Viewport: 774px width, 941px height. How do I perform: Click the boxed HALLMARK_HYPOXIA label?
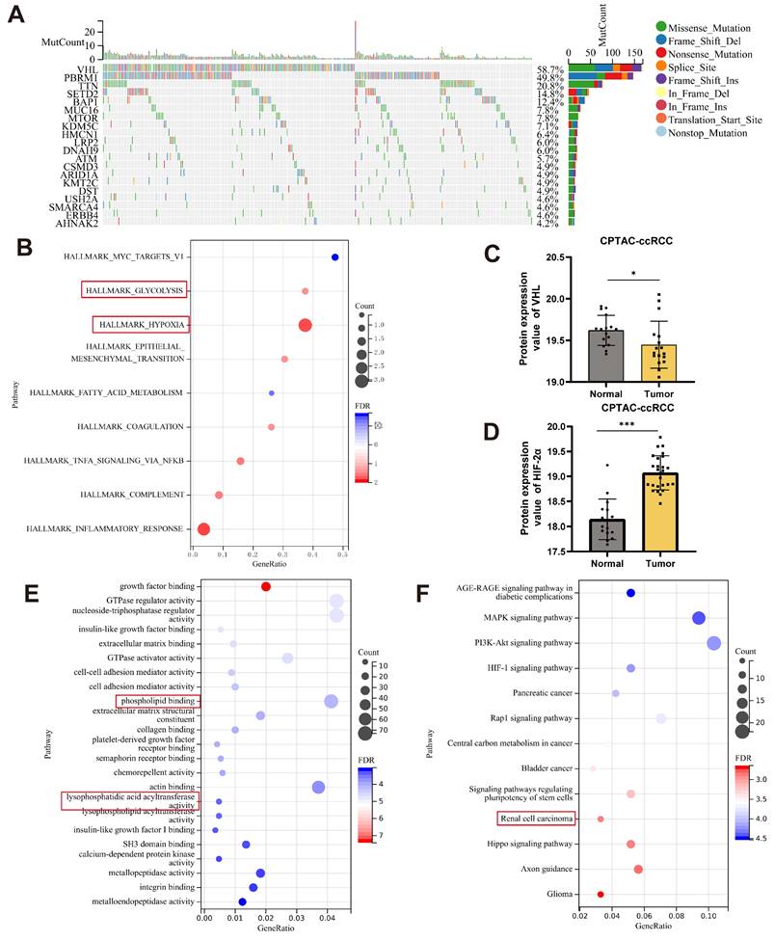coord(141,324)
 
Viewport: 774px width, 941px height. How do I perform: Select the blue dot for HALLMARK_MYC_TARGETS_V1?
coord(334,257)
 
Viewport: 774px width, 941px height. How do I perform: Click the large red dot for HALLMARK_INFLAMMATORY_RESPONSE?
coord(203,528)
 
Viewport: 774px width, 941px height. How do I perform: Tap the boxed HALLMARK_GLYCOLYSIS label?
coord(134,290)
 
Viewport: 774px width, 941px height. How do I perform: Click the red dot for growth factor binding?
coord(266,586)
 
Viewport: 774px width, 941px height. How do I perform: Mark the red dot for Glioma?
coord(601,895)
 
